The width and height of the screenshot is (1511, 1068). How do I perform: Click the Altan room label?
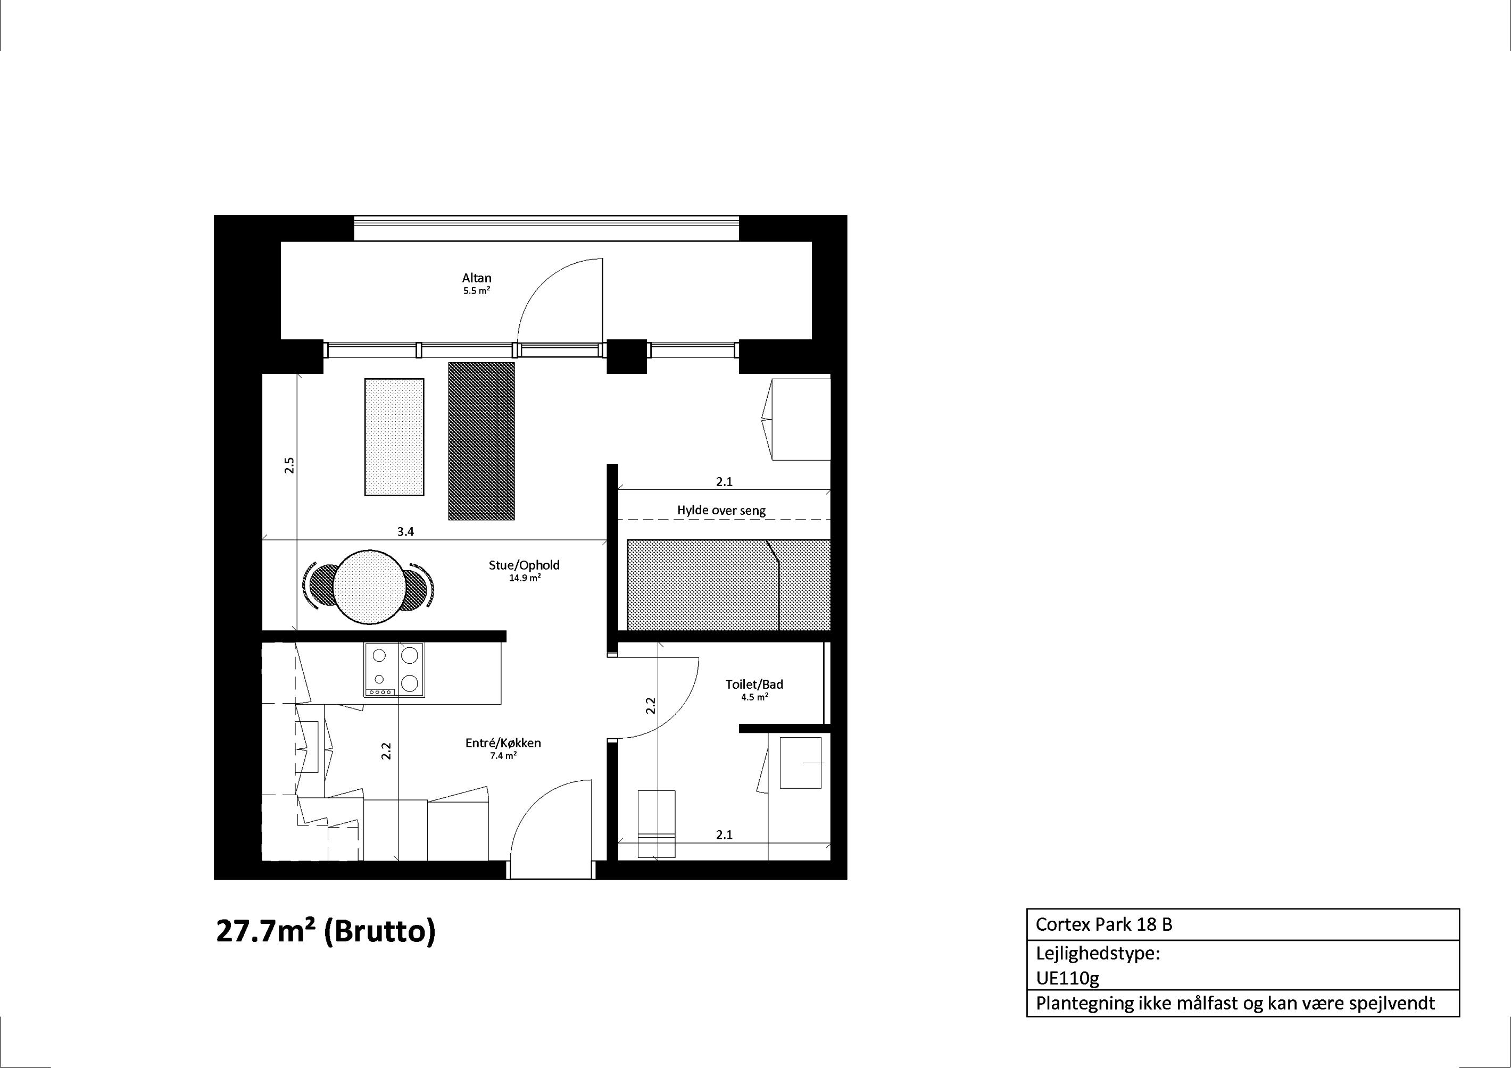[x=477, y=278]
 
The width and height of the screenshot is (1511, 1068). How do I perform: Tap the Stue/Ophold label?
[x=524, y=565]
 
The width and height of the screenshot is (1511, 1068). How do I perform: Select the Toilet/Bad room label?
[x=754, y=685]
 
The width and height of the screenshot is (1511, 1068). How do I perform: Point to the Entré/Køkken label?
[x=503, y=743]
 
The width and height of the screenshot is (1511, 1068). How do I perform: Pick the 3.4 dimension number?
[x=405, y=532]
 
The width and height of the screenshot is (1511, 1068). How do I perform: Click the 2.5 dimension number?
[x=289, y=465]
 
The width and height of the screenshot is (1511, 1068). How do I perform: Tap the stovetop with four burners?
[x=394, y=670]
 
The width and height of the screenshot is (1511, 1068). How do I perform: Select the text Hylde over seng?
[x=721, y=510]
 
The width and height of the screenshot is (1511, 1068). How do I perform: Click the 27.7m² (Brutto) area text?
[x=326, y=932]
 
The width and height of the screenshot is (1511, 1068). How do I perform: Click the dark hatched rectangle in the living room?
[x=481, y=441]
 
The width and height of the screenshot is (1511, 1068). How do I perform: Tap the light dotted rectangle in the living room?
[x=394, y=437]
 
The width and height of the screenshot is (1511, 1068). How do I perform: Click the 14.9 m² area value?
[x=525, y=579]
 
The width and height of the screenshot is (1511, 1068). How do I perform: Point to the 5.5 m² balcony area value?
[x=477, y=291]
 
